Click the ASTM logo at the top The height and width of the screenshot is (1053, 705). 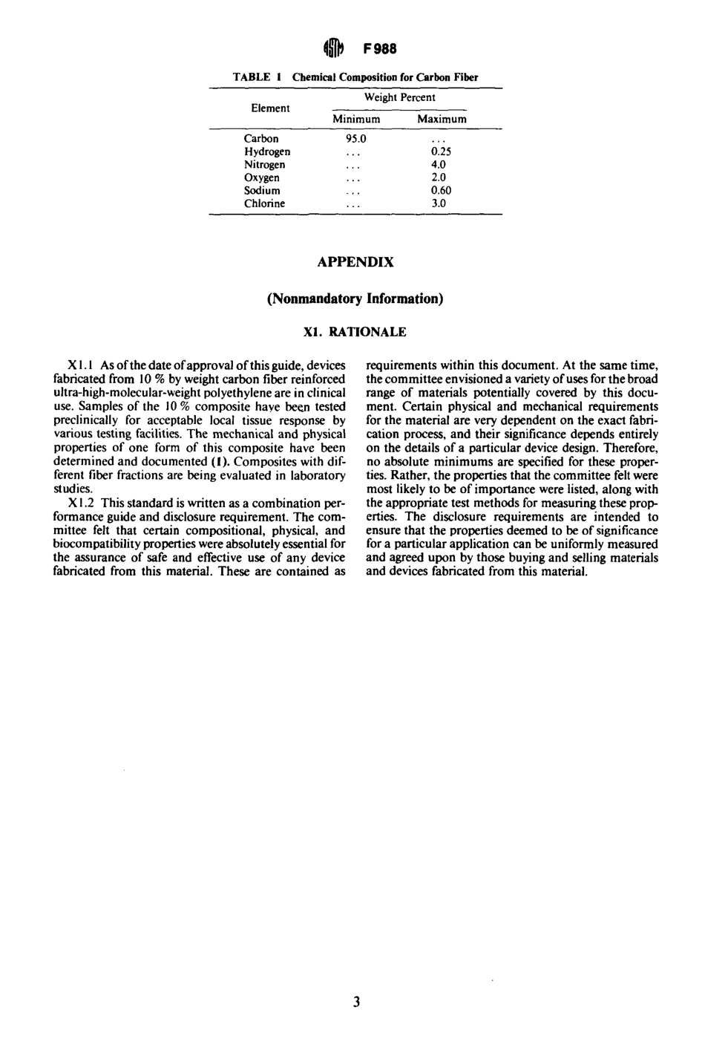coord(335,50)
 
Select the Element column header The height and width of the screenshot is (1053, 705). coord(270,108)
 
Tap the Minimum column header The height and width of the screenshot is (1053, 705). coord(355,120)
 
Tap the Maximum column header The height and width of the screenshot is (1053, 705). coord(442,120)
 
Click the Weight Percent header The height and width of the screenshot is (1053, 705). coord(399,97)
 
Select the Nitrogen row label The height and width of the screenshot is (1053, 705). coord(264,165)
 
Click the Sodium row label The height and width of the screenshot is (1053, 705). coord(262,190)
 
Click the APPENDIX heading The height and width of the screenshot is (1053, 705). coord(355,262)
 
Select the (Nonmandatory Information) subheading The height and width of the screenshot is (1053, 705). coord(355,299)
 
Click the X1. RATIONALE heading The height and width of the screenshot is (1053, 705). coord(355,332)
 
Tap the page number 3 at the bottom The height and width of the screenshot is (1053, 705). coord(356,1003)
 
